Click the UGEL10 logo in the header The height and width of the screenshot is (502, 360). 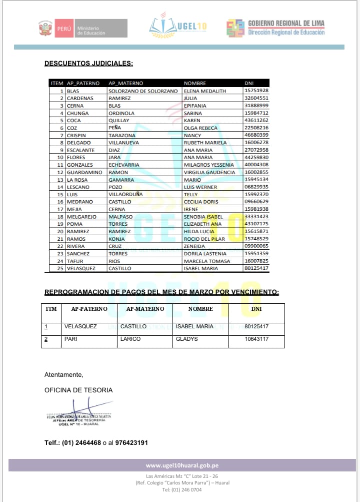(178, 26)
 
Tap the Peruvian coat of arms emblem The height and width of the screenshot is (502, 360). (45, 28)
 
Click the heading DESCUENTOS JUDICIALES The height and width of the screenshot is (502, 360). (88, 64)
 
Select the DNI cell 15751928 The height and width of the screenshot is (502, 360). (256, 91)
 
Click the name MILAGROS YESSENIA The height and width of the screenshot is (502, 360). (208, 165)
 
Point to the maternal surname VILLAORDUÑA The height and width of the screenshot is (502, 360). (125, 194)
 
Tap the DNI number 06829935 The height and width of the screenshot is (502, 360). (256, 187)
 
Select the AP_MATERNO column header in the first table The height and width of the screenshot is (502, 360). (125, 83)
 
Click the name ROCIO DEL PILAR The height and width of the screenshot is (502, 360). (204, 239)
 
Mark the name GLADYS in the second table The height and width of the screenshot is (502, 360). (187, 339)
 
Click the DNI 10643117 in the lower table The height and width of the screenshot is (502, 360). (257, 339)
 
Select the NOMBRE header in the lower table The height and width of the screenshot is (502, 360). (200, 309)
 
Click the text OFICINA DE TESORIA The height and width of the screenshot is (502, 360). (78, 390)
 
